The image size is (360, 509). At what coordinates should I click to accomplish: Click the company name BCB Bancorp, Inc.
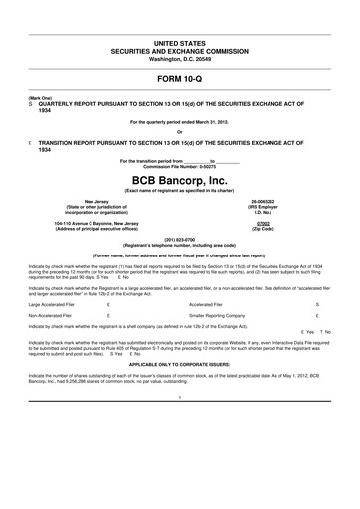point(180,180)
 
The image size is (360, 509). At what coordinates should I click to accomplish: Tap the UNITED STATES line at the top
point(180,46)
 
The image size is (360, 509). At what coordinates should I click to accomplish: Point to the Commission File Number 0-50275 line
point(180,165)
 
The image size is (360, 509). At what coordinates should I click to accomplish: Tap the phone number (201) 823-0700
point(180,240)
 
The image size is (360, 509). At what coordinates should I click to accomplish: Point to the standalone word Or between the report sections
point(180,133)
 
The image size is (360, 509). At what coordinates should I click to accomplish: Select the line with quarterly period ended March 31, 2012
point(180,121)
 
